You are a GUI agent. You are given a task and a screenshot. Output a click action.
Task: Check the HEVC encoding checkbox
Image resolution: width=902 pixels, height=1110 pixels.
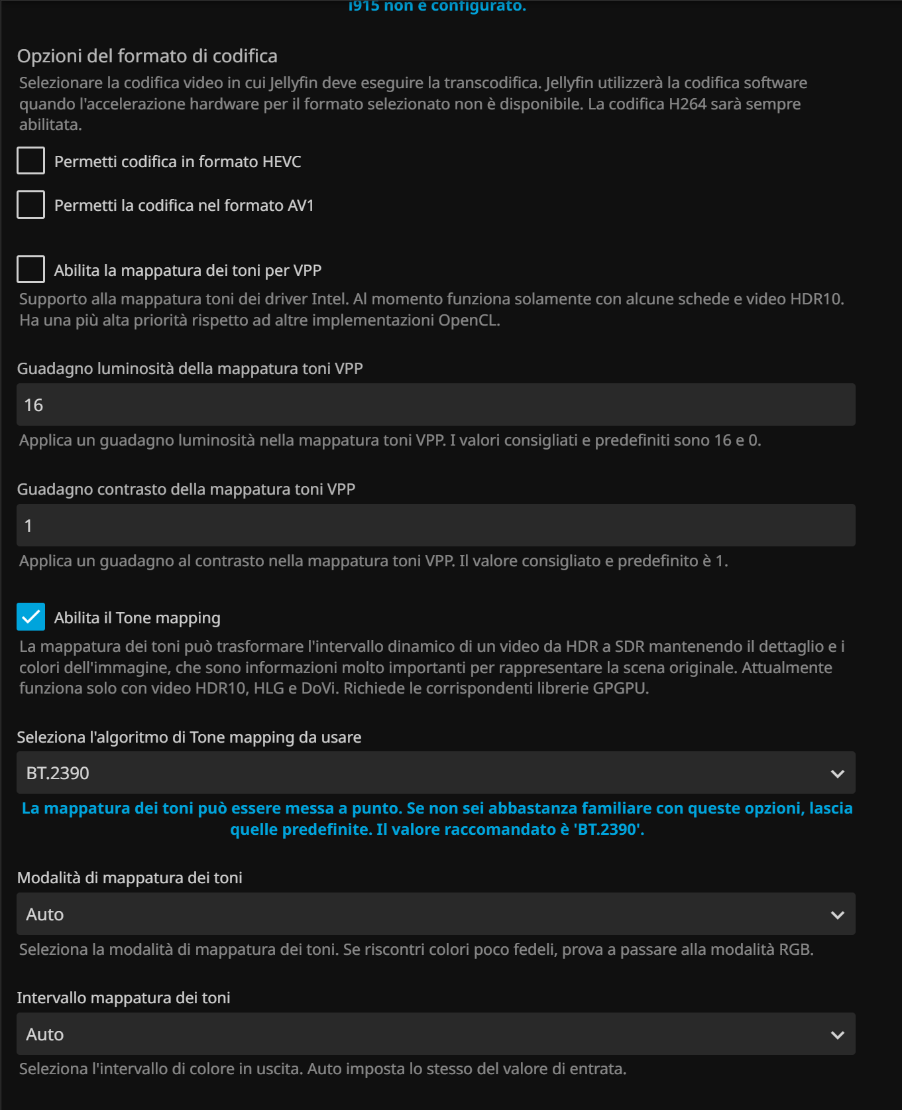30,161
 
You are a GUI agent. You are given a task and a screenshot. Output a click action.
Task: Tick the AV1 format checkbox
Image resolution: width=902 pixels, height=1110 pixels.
30,205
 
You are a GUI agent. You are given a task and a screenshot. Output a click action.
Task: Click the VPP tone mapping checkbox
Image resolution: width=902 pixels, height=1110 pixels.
30,270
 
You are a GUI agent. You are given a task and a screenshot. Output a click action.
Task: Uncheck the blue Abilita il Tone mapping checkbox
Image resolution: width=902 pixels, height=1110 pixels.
30,617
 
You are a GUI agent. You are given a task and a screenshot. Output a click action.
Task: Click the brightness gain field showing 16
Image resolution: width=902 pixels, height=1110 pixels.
435,405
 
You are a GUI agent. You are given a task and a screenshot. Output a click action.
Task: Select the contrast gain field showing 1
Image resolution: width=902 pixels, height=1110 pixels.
435,526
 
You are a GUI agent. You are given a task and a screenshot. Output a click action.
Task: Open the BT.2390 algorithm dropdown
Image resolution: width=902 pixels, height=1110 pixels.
424,773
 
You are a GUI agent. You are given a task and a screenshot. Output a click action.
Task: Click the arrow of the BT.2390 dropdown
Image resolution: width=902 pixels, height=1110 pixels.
837,774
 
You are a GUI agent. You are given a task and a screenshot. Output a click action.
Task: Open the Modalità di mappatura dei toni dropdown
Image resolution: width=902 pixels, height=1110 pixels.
424,914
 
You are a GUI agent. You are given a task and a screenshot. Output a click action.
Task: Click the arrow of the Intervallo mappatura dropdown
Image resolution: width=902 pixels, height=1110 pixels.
837,1035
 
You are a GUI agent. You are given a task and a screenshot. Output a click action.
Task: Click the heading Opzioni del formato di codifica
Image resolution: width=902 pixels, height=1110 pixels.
147,56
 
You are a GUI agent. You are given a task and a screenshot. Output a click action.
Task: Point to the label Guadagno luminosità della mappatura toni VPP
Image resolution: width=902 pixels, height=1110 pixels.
190,369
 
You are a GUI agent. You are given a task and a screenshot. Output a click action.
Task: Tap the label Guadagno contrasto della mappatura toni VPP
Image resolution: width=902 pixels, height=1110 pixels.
186,489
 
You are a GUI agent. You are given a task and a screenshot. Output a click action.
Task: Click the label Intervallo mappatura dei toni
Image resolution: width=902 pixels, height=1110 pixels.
123,998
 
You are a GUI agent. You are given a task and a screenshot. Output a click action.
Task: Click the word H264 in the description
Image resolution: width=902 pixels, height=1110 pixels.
687,104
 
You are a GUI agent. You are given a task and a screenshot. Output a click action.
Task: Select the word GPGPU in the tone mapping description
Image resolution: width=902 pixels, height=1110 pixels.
618,688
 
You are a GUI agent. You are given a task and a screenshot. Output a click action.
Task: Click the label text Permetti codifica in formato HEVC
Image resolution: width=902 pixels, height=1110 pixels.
178,162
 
